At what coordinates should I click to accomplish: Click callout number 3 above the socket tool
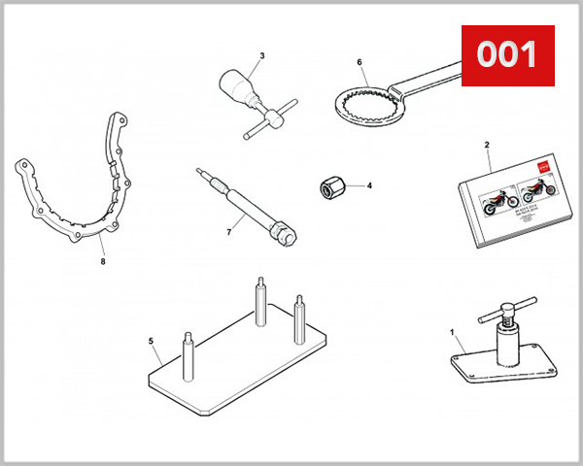click(x=261, y=55)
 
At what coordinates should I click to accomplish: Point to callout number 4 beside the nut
click(x=368, y=184)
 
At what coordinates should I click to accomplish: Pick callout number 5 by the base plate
click(x=151, y=341)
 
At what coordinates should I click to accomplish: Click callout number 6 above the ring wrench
click(x=359, y=63)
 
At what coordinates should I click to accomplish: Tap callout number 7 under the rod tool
click(x=228, y=233)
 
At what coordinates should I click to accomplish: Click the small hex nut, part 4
click(x=330, y=186)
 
